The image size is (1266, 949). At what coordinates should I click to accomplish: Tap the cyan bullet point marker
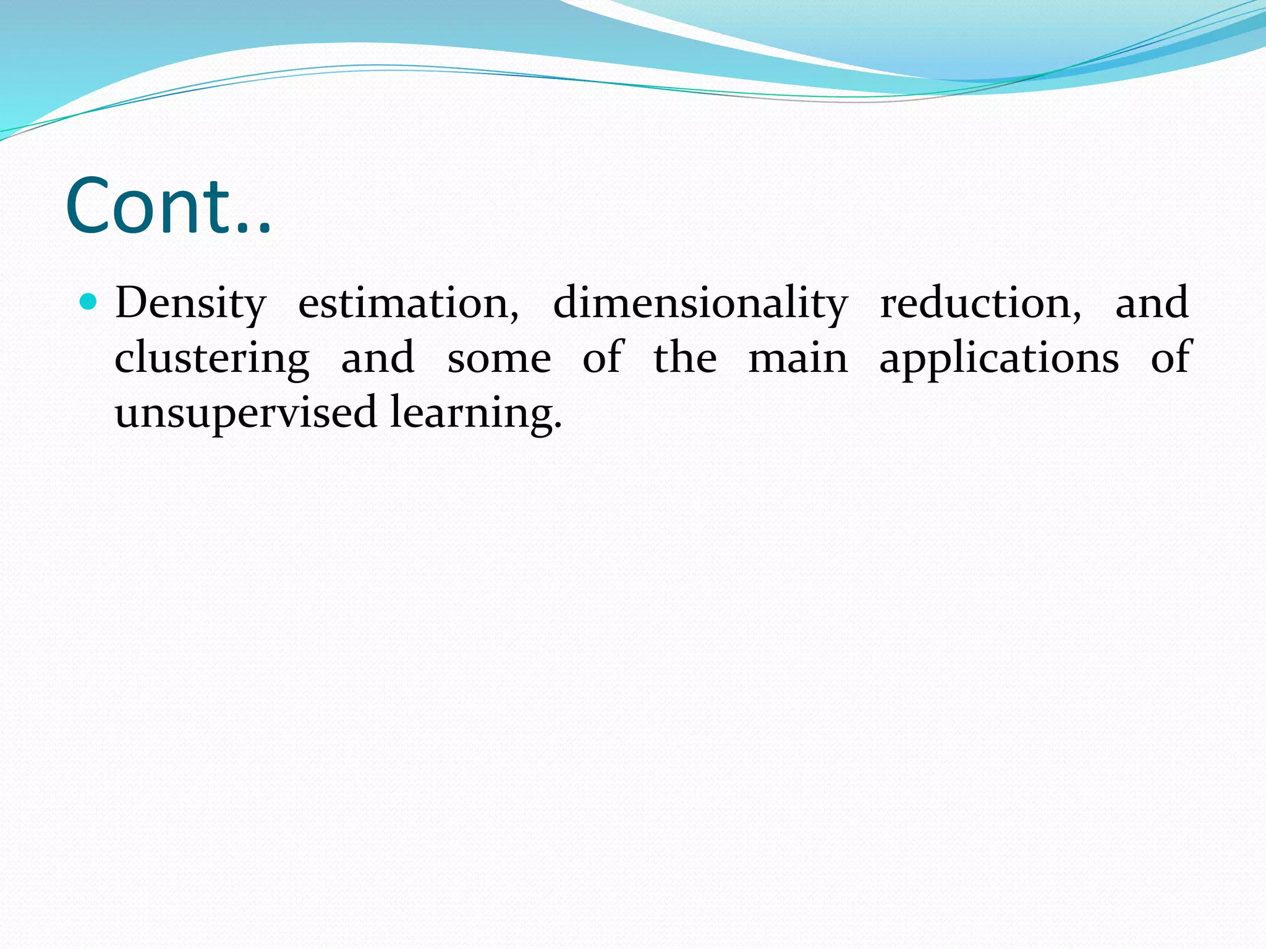point(89,302)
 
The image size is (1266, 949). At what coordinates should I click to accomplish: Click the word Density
point(190,304)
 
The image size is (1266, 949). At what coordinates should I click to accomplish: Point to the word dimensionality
point(700,304)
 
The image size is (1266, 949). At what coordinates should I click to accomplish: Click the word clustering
point(212,359)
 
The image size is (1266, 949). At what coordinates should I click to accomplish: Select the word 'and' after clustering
point(378,358)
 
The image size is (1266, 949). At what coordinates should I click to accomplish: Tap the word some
point(499,359)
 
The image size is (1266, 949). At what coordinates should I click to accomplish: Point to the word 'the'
point(685,358)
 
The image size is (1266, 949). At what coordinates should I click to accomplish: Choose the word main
point(798,358)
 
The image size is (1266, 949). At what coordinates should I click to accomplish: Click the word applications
point(998,359)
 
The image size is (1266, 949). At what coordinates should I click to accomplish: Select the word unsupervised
point(245,413)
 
